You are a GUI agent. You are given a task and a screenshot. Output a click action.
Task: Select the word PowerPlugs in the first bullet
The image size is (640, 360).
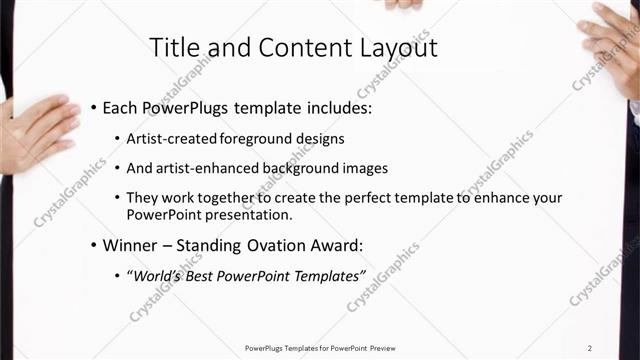point(187,107)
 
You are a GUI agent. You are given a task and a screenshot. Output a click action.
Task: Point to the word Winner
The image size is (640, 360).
point(131,245)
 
